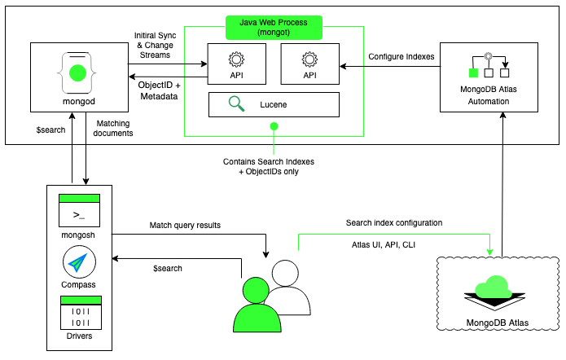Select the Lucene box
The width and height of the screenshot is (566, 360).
pyautogui.click(x=274, y=104)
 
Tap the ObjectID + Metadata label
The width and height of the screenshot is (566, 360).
pyautogui.click(x=160, y=90)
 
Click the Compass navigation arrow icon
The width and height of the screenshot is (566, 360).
pyautogui.click(x=79, y=263)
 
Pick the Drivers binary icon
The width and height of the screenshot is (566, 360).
pyautogui.click(x=79, y=313)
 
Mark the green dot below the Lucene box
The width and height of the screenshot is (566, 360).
pyautogui.click(x=274, y=126)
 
